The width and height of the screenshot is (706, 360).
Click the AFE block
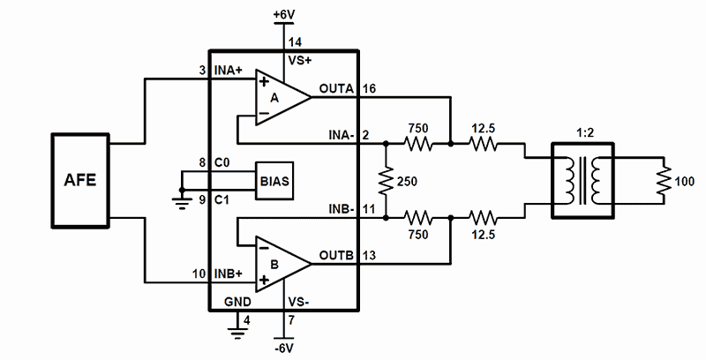click(80, 181)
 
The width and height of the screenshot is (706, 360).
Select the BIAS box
click(274, 181)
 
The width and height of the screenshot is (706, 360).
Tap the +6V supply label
click(284, 15)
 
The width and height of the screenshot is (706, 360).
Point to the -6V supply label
click(285, 349)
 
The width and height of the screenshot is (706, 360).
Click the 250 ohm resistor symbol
click(387, 181)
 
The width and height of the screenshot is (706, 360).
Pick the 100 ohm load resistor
click(664, 181)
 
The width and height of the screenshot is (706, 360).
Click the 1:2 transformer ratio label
click(585, 133)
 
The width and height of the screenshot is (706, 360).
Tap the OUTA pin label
click(336, 88)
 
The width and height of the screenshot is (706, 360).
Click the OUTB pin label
click(336, 255)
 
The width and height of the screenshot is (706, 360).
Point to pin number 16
click(369, 88)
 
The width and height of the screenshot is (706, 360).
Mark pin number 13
click(369, 255)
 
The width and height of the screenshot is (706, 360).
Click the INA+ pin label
click(228, 71)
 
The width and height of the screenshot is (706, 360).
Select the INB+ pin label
click(228, 274)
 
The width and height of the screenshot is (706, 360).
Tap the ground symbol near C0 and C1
click(182, 199)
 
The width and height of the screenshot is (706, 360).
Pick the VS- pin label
click(298, 302)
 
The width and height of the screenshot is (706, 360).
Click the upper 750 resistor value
click(417, 128)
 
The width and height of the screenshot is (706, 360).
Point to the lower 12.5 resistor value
click(483, 235)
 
